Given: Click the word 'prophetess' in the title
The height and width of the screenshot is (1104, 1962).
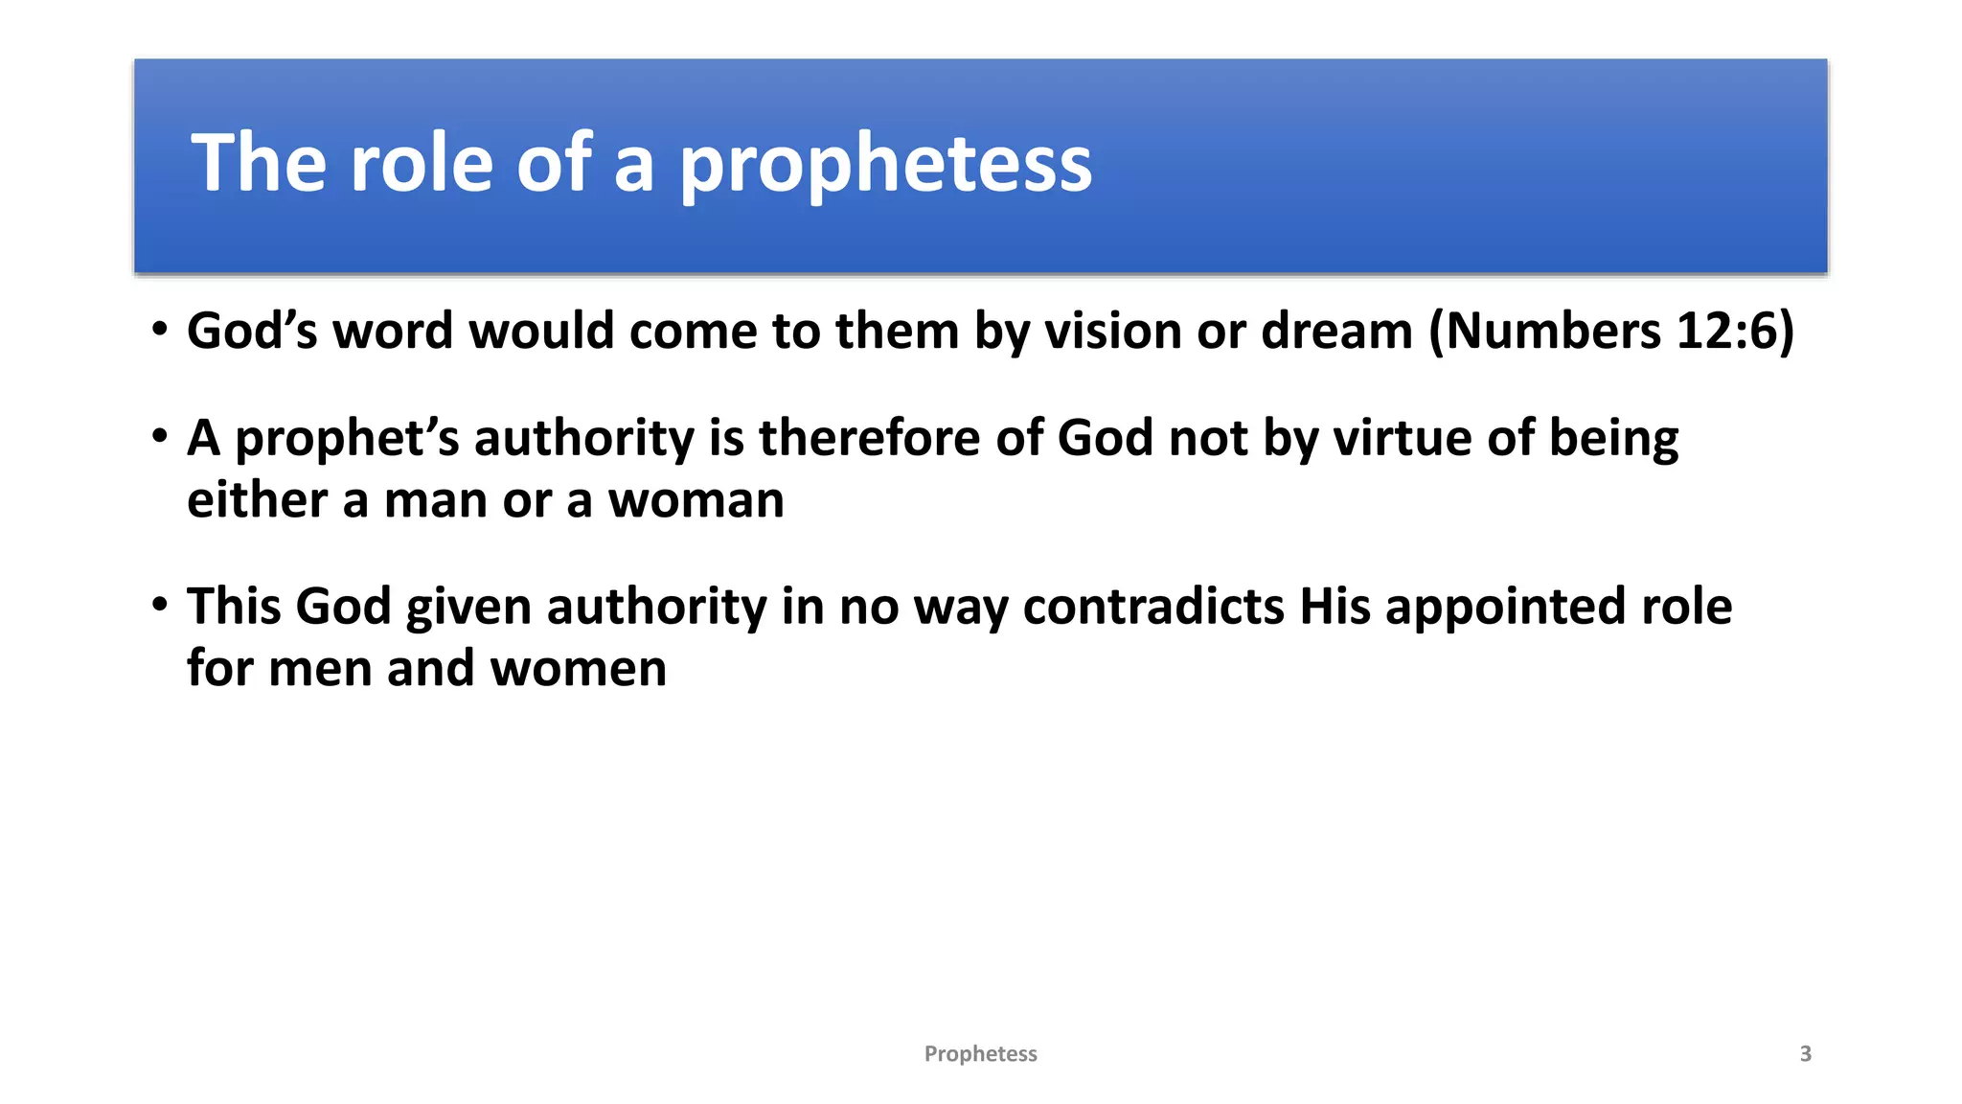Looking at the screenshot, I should (x=885, y=165).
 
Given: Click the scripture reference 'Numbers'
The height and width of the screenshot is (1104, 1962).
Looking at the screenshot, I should (x=1553, y=332).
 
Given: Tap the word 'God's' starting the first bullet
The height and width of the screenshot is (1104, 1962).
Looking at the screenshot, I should (x=252, y=332).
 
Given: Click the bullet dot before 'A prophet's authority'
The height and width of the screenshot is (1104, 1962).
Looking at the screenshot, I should (x=160, y=437).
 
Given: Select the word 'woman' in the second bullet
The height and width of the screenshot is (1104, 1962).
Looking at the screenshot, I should (x=696, y=500).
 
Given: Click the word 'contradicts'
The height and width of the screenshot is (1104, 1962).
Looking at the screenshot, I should (x=1153, y=607).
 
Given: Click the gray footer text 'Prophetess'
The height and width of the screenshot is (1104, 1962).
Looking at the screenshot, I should (x=980, y=1054).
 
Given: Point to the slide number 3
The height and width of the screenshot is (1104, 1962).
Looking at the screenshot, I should (x=1806, y=1054).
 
